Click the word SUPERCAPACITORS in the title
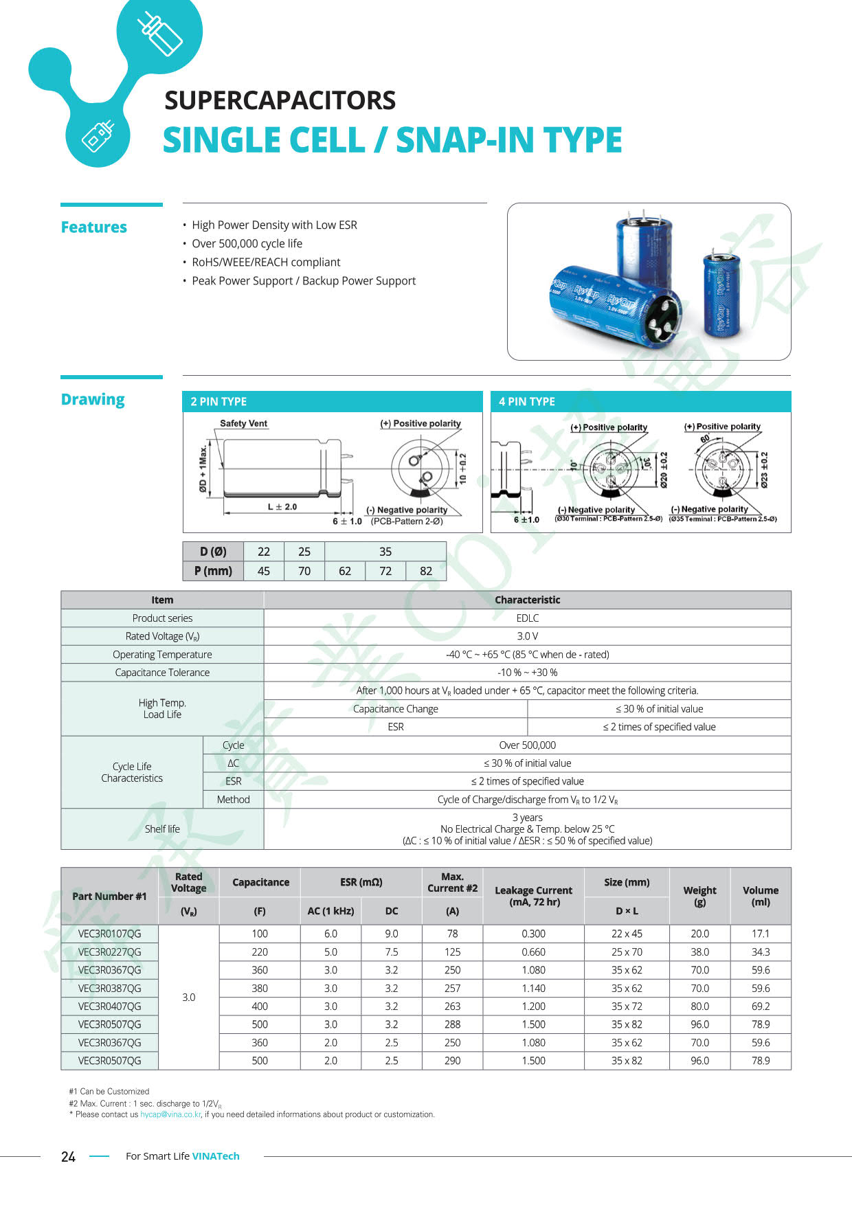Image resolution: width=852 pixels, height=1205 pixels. [x=280, y=100]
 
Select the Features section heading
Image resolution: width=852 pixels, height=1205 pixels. [x=94, y=227]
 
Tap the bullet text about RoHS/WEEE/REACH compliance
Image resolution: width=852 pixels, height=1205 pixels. [x=266, y=262]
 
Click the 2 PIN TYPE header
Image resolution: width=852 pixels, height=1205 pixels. [x=218, y=402]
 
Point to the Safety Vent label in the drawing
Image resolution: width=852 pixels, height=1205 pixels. [x=243, y=424]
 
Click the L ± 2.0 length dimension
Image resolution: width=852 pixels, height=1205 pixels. [x=282, y=507]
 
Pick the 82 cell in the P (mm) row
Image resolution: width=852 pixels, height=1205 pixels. [x=426, y=571]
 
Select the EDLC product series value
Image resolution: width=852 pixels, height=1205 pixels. [x=527, y=618]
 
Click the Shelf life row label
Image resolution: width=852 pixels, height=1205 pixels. [x=162, y=829]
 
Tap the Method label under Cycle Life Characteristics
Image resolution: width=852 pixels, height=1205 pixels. [x=233, y=800]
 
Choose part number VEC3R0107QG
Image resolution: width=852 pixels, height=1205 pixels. [x=109, y=934]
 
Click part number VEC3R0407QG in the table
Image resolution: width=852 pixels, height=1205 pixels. [x=109, y=1006]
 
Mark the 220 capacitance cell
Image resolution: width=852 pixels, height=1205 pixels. [x=260, y=952]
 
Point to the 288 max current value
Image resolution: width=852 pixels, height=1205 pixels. [x=452, y=1024]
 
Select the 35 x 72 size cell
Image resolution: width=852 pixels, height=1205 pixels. [x=627, y=1006]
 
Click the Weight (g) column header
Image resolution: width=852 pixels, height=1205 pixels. [x=699, y=896]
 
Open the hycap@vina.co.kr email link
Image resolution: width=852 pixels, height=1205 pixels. [x=170, y=1114]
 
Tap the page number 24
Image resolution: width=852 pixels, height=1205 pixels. [x=68, y=1157]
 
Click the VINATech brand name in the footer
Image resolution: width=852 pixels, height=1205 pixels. [x=216, y=1156]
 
